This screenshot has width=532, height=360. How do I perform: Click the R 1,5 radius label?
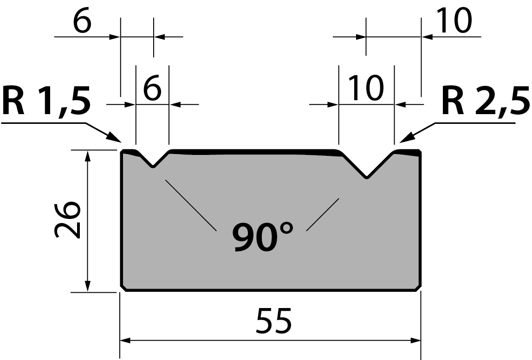[x=46, y=101]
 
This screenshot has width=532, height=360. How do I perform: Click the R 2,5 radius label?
[x=486, y=101]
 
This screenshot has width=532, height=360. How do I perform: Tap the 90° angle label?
[x=263, y=237]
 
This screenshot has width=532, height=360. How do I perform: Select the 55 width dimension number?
[x=273, y=321]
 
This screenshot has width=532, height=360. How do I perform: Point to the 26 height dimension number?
[x=67, y=219]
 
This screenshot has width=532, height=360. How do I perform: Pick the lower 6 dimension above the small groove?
[x=152, y=88]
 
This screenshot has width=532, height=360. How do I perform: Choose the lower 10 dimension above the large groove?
[x=366, y=88]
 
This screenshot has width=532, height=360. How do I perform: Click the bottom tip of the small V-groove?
[x=153, y=167]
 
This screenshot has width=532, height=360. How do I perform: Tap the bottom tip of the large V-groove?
[x=367, y=178]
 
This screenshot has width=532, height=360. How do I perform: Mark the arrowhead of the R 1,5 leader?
[x=115, y=138]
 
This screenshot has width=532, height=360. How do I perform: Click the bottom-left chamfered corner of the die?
[x=123, y=288]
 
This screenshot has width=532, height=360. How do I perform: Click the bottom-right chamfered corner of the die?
[x=418, y=288]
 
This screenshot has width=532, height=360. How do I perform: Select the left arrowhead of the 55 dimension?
[x=125, y=341]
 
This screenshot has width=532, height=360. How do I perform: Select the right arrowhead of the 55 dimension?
[x=415, y=341]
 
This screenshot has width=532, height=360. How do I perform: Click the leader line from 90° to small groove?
[x=191, y=205]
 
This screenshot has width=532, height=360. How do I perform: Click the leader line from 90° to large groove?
[x=323, y=215]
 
